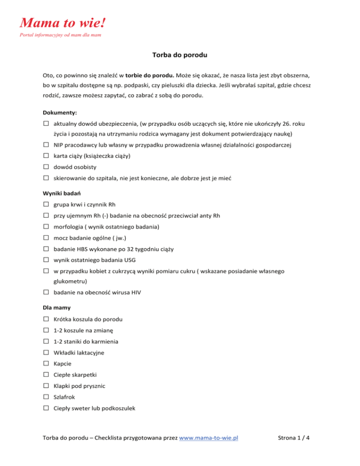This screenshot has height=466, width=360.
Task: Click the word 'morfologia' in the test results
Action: tap(69, 227)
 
